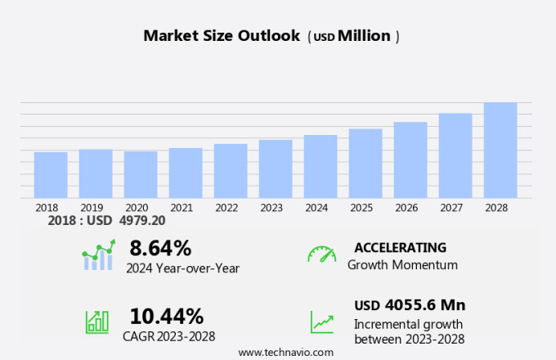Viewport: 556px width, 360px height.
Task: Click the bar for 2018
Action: pyautogui.click(x=51, y=174)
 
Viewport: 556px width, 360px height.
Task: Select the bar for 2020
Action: pyautogui.click(x=141, y=174)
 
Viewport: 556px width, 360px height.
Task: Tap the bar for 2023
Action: pyautogui.click(x=276, y=169)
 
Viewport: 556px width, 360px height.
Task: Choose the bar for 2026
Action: pyautogui.click(x=410, y=160)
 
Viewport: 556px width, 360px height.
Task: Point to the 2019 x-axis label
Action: pyautogui.click(x=92, y=208)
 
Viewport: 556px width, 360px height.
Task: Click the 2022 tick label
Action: pyautogui.click(x=226, y=208)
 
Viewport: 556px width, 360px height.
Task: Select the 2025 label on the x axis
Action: pyautogui.click(x=361, y=208)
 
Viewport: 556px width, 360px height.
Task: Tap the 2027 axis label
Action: pyautogui.click(x=451, y=208)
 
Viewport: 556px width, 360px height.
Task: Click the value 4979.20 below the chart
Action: pyautogui.click(x=142, y=221)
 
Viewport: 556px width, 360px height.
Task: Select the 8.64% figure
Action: pyautogui.click(x=160, y=247)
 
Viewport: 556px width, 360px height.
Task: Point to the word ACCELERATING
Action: pyautogui.click(x=401, y=247)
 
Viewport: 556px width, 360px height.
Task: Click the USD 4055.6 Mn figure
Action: pyautogui.click(x=410, y=305)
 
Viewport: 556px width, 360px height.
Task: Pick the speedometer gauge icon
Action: pyautogui.click(x=321, y=254)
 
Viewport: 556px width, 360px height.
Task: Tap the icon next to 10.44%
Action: pyautogui.click(x=97, y=321)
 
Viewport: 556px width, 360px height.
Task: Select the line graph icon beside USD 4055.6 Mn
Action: pyautogui.click(x=321, y=321)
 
